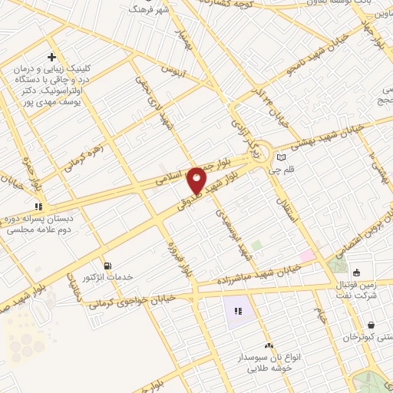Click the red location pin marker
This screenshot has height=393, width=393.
point(197,180)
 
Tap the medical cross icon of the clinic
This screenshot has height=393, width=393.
point(51,57)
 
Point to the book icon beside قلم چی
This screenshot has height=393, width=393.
point(280,157)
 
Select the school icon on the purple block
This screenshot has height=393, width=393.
point(237,311)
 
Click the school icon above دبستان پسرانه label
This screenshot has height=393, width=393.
point(37,206)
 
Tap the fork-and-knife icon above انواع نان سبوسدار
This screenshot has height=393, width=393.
point(267,346)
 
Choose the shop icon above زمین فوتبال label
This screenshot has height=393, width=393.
point(357,272)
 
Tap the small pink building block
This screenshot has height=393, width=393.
point(306,254)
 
